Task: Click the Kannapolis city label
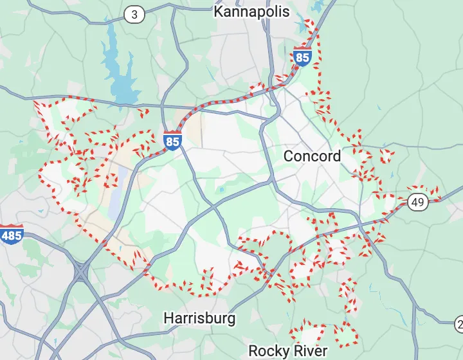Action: [251, 12]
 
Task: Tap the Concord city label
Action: [312, 156]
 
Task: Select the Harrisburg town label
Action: [199, 318]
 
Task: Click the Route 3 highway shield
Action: [134, 14]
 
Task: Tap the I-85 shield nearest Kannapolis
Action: [302, 57]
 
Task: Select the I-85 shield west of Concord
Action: [172, 141]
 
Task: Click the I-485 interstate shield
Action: [11, 235]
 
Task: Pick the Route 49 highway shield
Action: [417, 203]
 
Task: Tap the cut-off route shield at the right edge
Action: [459, 323]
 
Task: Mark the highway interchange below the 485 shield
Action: [82, 272]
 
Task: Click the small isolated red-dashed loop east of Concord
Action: [387, 156]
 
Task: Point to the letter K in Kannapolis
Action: [219, 12]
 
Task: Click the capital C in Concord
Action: [289, 156]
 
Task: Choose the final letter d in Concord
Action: [336, 156]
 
